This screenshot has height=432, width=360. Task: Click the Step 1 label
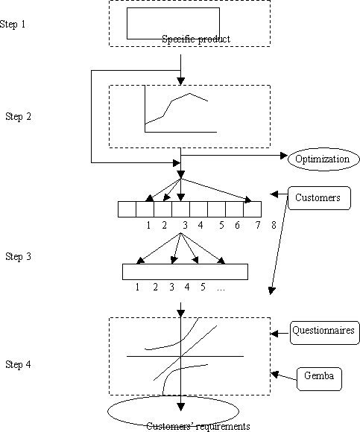click(13, 25)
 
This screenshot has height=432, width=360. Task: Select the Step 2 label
click(18, 116)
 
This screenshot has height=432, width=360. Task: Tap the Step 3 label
click(18, 256)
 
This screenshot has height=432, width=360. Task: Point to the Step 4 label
click(18, 364)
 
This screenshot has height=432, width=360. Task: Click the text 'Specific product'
click(196, 39)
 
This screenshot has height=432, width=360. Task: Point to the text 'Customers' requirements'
click(198, 427)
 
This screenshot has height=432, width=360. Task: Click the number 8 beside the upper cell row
click(274, 226)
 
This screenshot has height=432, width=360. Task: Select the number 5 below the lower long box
click(203, 287)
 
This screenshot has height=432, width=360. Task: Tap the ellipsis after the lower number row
click(221, 289)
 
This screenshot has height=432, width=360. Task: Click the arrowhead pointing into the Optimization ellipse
click(284, 156)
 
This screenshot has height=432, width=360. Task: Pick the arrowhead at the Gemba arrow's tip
click(274, 374)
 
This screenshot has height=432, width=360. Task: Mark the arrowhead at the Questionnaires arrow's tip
click(274, 334)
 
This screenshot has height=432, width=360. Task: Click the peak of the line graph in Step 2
click(189, 94)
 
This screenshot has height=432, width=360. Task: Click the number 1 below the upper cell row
click(148, 226)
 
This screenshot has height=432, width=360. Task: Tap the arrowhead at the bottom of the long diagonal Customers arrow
click(272, 291)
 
